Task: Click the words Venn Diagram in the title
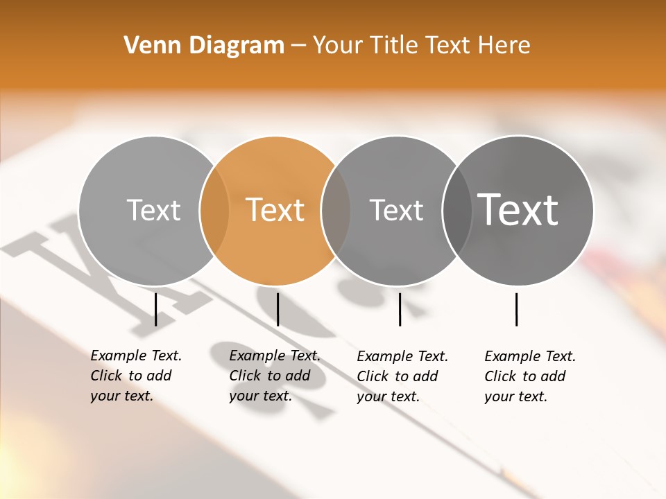[204, 46]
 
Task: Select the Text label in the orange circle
[275, 210]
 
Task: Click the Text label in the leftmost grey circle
[153, 210]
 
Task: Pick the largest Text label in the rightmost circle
[518, 210]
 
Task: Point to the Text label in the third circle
[396, 210]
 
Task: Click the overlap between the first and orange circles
[214, 211]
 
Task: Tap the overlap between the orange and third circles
[336, 211]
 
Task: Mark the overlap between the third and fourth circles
[457, 211]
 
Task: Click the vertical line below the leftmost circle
[156, 309]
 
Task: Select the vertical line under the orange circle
[277, 309]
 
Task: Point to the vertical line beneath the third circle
[400, 309]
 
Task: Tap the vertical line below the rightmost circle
[517, 309]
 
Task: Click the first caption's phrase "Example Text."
[136, 356]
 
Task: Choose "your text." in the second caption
[260, 396]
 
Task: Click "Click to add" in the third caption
[398, 376]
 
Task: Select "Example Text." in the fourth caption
[530, 356]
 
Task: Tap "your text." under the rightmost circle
[515, 396]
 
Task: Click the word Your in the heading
[336, 46]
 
